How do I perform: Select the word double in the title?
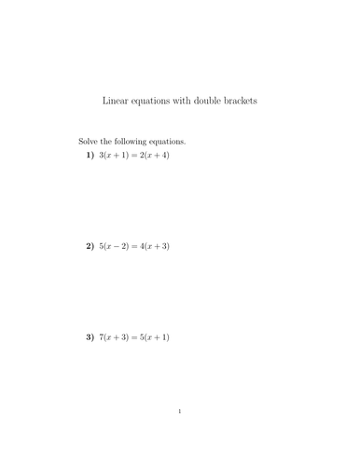(x=213, y=100)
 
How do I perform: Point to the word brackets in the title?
(x=250, y=100)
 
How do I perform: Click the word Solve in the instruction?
(x=90, y=141)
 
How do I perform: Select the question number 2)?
(x=90, y=246)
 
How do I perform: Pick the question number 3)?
(x=90, y=336)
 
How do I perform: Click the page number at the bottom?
(x=180, y=436)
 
